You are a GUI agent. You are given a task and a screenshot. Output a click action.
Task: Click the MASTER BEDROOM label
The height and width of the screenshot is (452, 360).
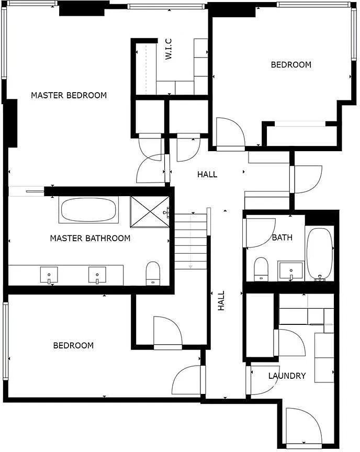69,95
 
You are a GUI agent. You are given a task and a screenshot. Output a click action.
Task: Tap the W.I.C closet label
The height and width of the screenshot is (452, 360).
168,49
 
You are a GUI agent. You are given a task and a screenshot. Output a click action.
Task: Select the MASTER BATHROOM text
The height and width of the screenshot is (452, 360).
90,238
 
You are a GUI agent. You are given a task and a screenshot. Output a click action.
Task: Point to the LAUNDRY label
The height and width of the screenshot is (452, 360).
287,376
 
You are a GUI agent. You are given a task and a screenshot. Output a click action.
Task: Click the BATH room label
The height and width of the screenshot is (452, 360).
282,237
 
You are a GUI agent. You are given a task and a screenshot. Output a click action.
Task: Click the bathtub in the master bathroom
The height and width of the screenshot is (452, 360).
89,210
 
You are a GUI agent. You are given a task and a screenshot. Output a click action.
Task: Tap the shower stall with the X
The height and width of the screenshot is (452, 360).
150,212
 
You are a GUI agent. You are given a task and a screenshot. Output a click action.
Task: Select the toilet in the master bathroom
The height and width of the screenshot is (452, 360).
153,273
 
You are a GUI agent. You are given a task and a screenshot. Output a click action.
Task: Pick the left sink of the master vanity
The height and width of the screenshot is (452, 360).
49,275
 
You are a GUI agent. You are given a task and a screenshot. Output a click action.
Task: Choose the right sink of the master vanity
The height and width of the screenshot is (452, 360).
97,275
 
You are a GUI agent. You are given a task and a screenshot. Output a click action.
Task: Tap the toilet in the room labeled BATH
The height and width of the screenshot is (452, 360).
261,269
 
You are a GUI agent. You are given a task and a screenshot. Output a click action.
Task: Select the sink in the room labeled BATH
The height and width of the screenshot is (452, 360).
291,270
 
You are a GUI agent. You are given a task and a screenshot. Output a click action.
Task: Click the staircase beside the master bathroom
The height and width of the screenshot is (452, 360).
191,241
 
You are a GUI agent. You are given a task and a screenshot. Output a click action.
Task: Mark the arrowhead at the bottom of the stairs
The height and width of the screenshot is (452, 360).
190,266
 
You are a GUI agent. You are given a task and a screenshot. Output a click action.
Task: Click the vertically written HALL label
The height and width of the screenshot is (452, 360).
221,300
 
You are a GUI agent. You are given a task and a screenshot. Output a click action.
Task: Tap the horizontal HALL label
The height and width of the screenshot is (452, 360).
207,174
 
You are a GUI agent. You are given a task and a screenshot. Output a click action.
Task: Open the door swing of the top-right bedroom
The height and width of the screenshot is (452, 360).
231,133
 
